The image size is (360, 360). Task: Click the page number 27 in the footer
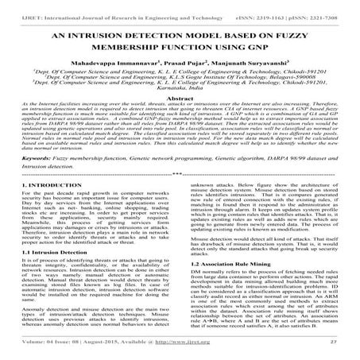[x=341, y=351]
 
